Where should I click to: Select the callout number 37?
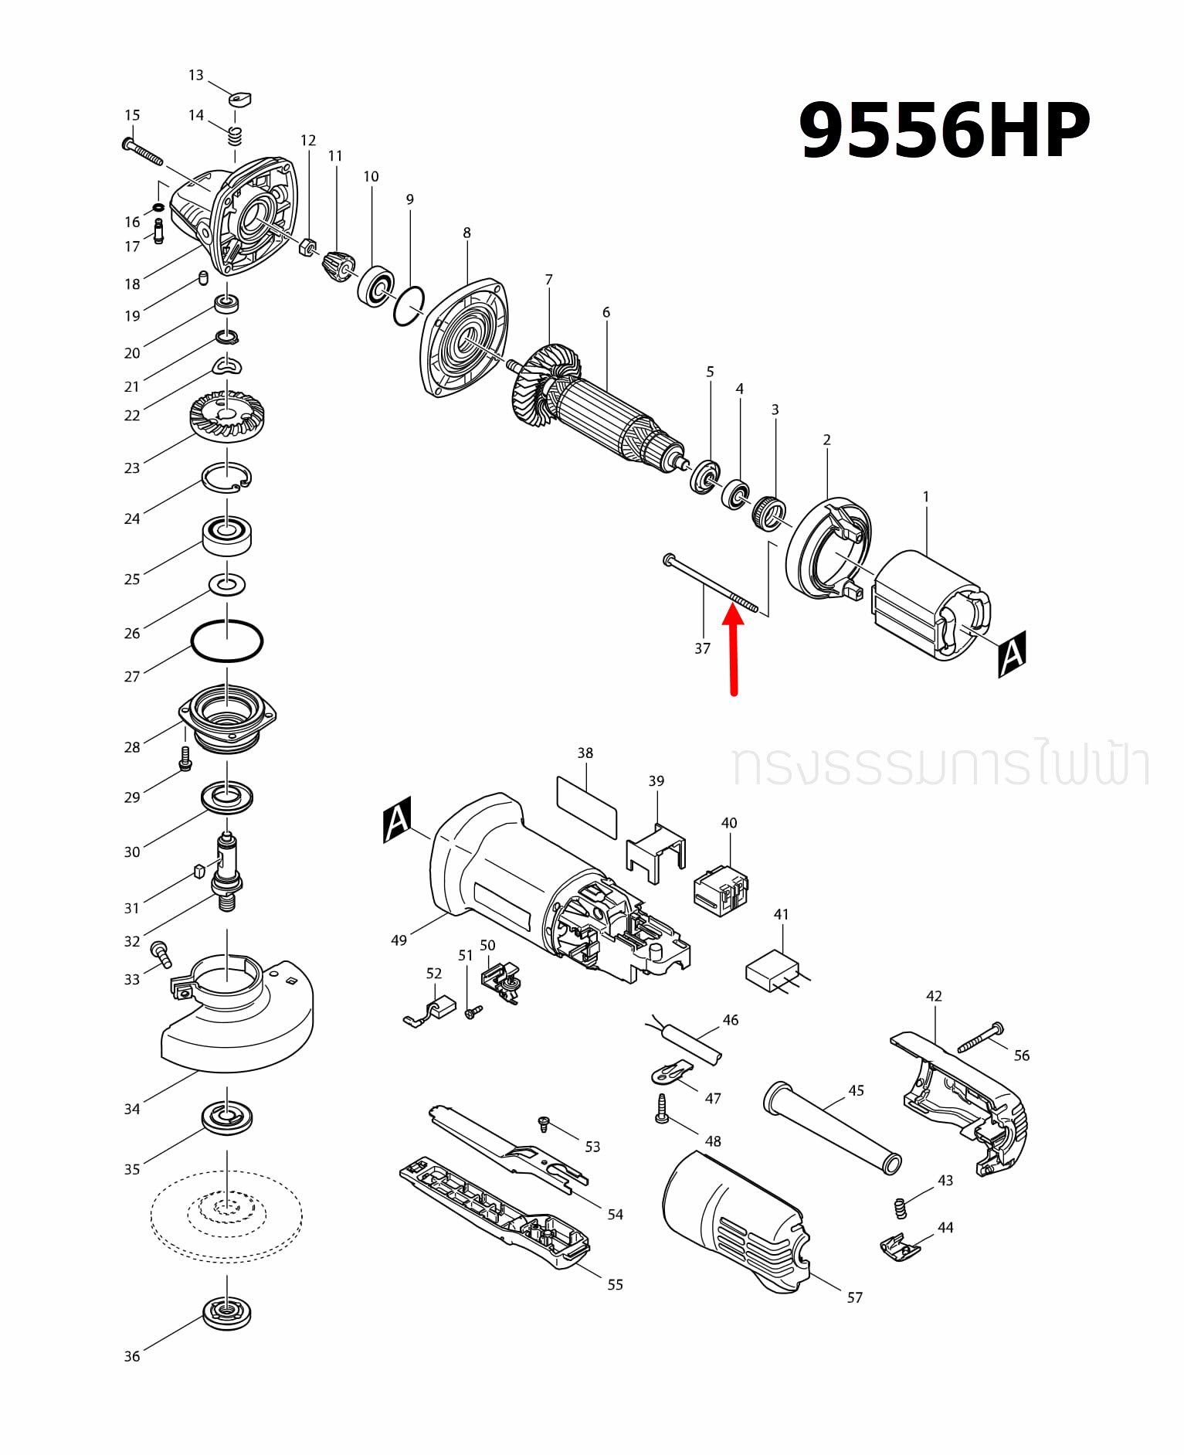pyautogui.click(x=702, y=649)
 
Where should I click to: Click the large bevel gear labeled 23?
pyautogui.click(x=227, y=417)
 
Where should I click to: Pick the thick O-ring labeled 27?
pyautogui.click(x=227, y=641)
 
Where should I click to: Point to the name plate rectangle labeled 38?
pyautogui.click(x=587, y=807)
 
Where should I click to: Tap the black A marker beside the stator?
pyautogui.click(x=1012, y=654)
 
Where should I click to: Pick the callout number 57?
pyautogui.click(x=854, y=1297)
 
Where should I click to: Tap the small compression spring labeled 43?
pyautogui.click(x=900, y=1208)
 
